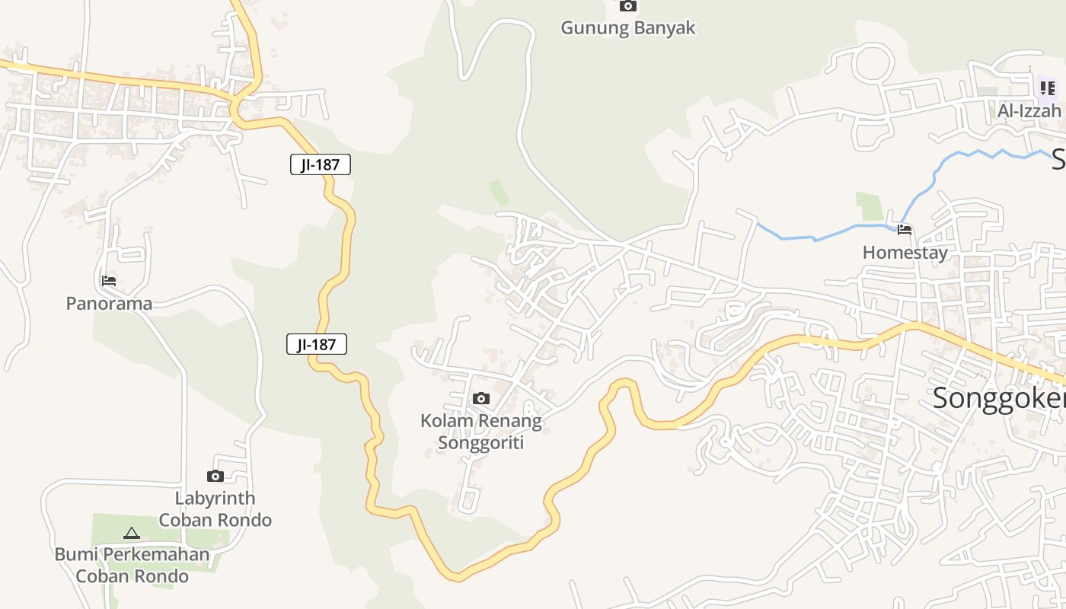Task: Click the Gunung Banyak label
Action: click(x=628, y=28)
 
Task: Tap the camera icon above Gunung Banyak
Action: click(x=627, y=6)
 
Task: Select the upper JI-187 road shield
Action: click(x=321, y=164)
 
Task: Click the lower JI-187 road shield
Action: click(x=317, y=344)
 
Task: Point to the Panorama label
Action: click(x=109, y=304)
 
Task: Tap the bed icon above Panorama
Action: click(x=109, y=280)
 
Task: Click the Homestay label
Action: click(x=905, y=253)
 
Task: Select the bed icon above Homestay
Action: click(x=905, y=229)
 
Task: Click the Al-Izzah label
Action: click(x=1029, y=111)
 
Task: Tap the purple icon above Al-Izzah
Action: click(x=1048, y=88)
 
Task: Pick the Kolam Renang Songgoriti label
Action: click(x=481, y=432)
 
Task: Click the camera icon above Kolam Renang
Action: click(x=481, y=398)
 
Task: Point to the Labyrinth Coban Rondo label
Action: click(x=215, y=509)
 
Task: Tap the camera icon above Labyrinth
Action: click(x=215, y=476)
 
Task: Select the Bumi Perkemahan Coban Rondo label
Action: click(x=132, y=565)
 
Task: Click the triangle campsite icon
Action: click(x=132, y=533)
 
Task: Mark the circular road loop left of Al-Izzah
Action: click(x=873, y=64)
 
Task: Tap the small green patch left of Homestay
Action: click(x=869, y=206)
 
